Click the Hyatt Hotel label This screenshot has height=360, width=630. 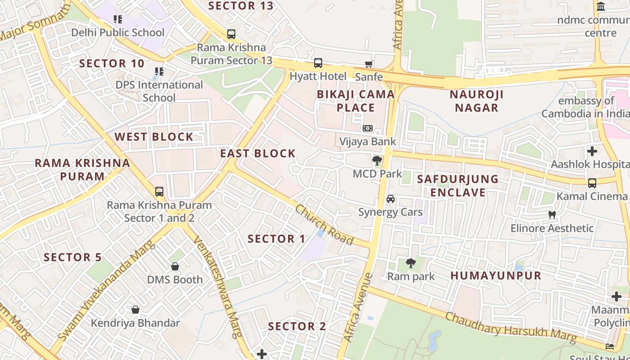(x=318, y=76)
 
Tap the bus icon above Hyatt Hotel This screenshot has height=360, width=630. (x=318, y=63)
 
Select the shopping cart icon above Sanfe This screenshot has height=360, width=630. (x=369, y=64)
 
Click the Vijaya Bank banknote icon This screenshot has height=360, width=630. (x=368, y=128)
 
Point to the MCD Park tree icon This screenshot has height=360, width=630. (x=377, y=161)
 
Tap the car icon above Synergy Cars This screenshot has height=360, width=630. (x=391, y=199)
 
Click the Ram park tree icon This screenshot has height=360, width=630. (x=410, y=263)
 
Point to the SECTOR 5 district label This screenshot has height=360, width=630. (x=73, y=257)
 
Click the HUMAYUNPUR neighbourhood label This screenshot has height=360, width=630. (x=496, y=275)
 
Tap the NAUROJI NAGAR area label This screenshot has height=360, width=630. (x=477, y=101)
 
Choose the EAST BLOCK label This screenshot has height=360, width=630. (x=258, y=153)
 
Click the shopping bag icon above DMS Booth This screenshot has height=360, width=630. (x=175, y=266)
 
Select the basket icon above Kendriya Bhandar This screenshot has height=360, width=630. (x=135, y=310)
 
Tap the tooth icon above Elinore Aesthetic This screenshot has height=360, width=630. (x=552, y=215)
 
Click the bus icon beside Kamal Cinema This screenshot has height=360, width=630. (x=592, y=183)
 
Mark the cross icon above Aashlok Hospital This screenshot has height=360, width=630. (x=592, y=151)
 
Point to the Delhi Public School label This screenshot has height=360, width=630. (x=118, y=32)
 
